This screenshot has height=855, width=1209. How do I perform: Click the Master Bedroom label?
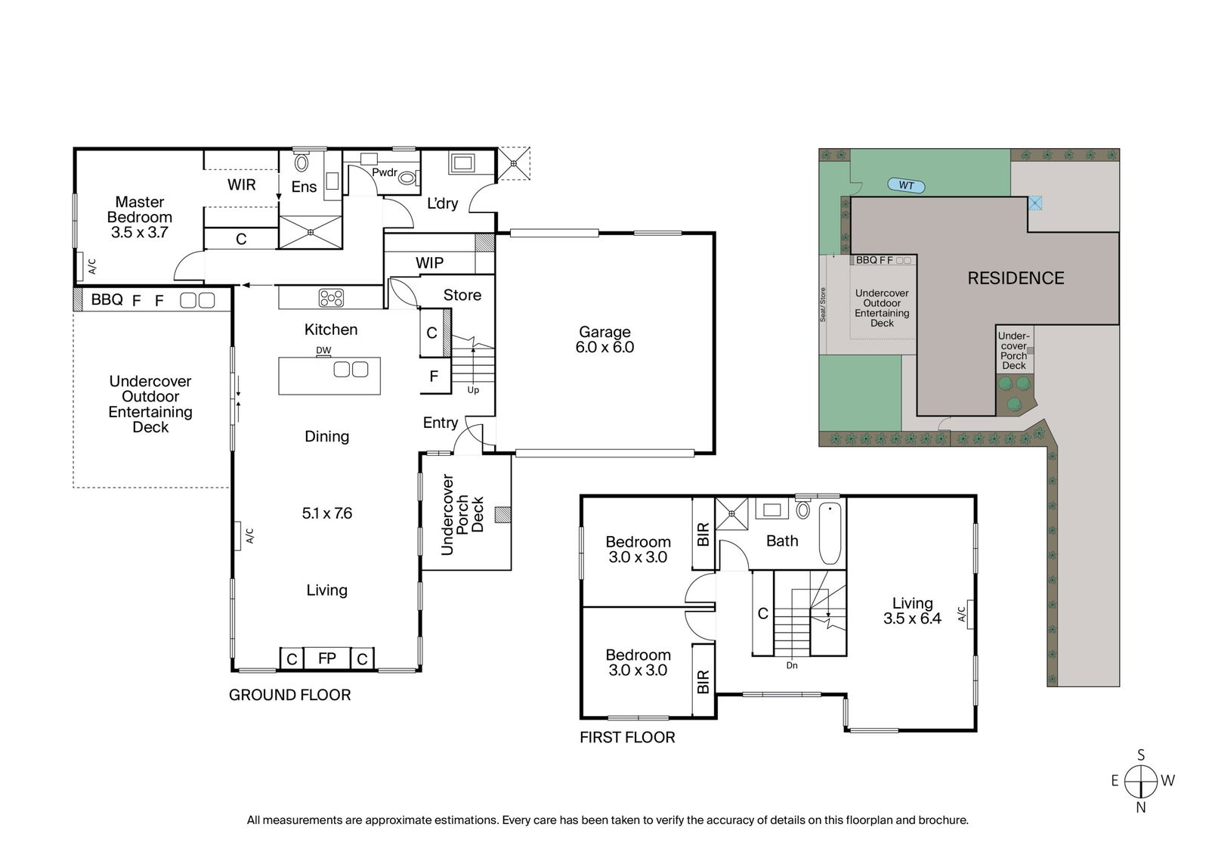tap(139, 209)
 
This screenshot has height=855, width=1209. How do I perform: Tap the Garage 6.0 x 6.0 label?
tap(604, 339)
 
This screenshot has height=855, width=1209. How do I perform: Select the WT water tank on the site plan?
tap(906, 186)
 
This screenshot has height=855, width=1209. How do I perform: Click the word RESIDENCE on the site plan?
tap(1016, 278)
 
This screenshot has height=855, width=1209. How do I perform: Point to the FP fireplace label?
tap(327, 658)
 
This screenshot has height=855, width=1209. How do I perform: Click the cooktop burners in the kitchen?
tap(331, 298)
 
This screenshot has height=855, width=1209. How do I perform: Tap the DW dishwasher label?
tap(323, 350)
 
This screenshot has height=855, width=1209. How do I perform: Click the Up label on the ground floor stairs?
tap(473, 390)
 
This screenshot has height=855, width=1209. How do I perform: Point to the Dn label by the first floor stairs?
tap(792, 665)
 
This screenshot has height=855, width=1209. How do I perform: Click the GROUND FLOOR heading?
tap(290, 695)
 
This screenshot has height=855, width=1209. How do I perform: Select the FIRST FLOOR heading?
tap(627, 738)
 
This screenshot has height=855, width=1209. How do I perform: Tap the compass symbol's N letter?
tap(1140, 807)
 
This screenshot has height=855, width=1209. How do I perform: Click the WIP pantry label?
tap(430, 263)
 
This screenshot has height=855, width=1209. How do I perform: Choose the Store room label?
tap(462, 295)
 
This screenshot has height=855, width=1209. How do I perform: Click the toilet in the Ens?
tap(301, 161)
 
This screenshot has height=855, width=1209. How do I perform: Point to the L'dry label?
tap(443, 203)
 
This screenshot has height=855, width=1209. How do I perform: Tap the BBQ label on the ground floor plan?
tap(107, 299)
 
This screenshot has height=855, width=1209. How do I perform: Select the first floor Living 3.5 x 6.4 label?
tap(912, 610)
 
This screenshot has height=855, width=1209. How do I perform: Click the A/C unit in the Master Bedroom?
tap(80, 266)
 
